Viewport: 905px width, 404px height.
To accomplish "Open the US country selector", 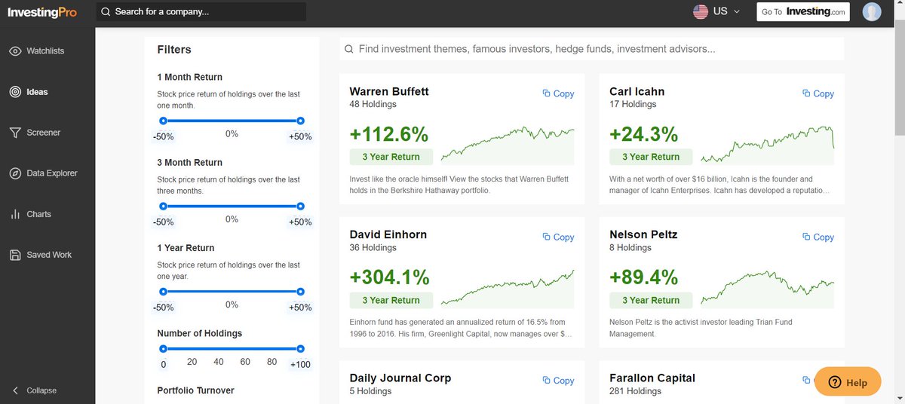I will [x=716, y=12].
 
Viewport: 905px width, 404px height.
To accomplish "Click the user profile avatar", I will [x=871, y=12].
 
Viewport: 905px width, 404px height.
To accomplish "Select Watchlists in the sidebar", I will [x=45, y=51].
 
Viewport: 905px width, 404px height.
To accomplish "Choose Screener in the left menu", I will [x=43, y=133].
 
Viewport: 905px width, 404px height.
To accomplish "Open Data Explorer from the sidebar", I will [x=51, y=173].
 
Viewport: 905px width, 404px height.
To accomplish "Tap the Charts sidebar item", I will [x=38, y=214].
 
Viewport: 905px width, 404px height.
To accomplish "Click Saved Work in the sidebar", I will [x=49, y=255].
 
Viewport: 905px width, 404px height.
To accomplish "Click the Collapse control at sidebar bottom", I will [x=41, y=390].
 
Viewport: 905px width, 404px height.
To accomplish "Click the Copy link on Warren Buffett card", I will [x=558, y=93].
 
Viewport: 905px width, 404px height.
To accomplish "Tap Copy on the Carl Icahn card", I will [x=818, y=93].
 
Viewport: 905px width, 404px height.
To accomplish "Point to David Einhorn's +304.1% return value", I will [x=389, y=277].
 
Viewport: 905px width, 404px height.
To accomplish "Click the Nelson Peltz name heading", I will [x=643, y=234].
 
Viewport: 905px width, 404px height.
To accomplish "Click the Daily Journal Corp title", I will [x=400, y=378].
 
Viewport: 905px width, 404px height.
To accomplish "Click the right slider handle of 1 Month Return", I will [x=300, y=121].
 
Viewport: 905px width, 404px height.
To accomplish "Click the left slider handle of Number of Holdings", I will [x=163, y=348].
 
